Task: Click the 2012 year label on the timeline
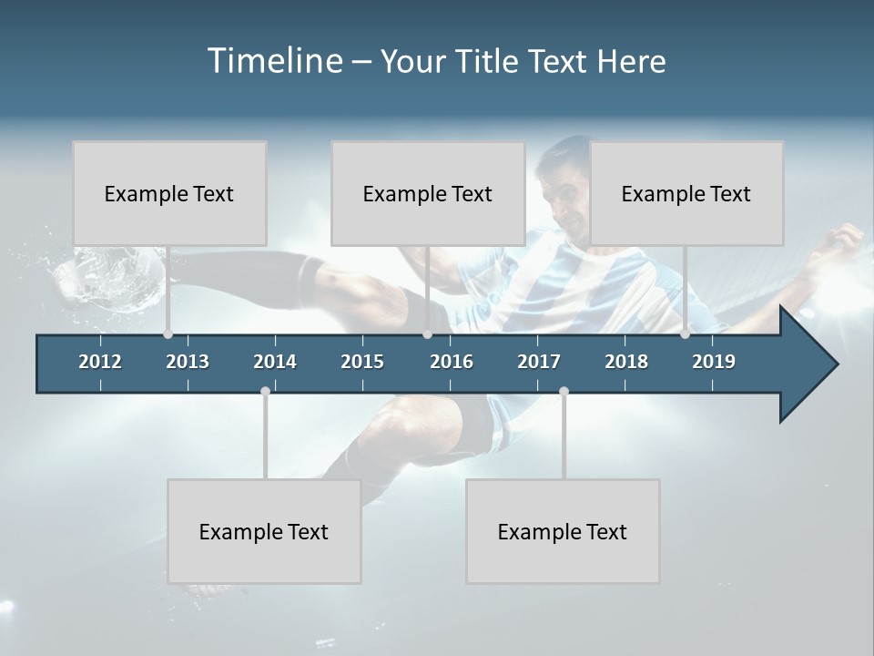pyautogui.click(x=100, y=362)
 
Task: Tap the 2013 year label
pyautogui.click(x=188, y=362)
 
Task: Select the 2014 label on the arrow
pyautogui.click(x=275, y=362)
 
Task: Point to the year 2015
pyautogui.click(x=362, y=362)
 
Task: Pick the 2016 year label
pyautogui.click(x=452, y=362)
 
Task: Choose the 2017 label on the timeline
pyautogui.click(x=539, y=362)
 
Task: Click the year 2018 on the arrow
pyautogui.click(x=626, y=362)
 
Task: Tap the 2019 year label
pyautogui.click(x=714, y=362)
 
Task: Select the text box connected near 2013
pyautogui.click(x=169, y=193)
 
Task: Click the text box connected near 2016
pyautogui.click(x=428, y=193)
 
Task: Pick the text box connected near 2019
pyautogui.click(x=686, y=193)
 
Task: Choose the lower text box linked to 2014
pyautogui.click(x=264, y=531)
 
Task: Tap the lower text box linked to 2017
pyautogui.click(x=563, y=531)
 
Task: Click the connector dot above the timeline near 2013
pyautogui.click(x=168, y=333)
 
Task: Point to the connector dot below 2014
pyautogui.click(x=265, y=392)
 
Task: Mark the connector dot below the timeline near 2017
pyautogui.click(x=564, y=392)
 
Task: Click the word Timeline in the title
pyautogui.click(x=274, y=60)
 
